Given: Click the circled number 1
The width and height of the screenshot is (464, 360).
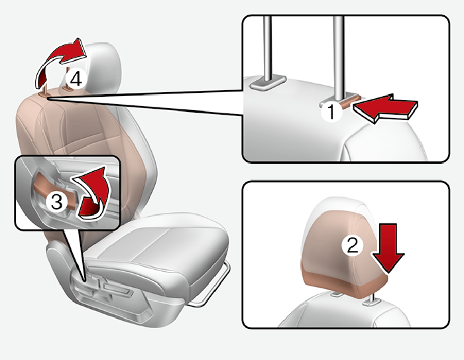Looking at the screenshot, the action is (x=331, y=111).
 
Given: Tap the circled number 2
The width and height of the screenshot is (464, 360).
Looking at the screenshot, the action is (x=352, y=245).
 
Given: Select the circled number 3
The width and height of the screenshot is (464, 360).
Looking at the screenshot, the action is (x=57, y=202).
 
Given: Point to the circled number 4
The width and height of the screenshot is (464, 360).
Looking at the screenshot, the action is (x=77, y=79).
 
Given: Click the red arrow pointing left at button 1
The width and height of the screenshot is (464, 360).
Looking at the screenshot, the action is (x=384, y=109).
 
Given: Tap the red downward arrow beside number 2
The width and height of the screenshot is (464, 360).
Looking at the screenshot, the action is (x=388, y=248).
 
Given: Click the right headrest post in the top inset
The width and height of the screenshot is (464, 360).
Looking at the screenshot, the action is (x=338, y=57).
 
